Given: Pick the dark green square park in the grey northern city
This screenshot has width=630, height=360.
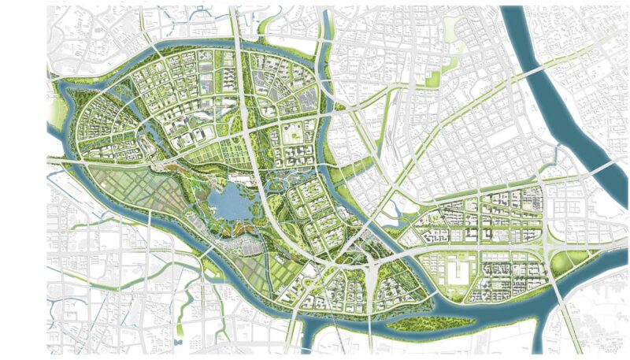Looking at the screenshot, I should click(432, 78).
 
